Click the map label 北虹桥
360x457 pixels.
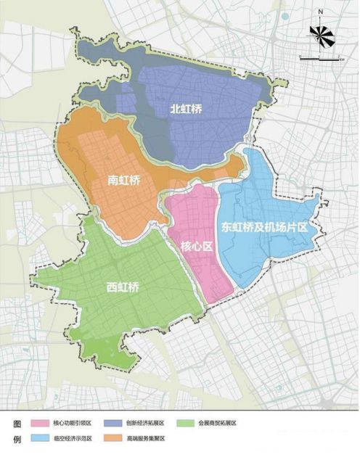186,109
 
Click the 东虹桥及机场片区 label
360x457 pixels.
266,226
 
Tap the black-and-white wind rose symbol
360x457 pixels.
320,34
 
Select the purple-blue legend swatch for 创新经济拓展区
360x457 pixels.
113,424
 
